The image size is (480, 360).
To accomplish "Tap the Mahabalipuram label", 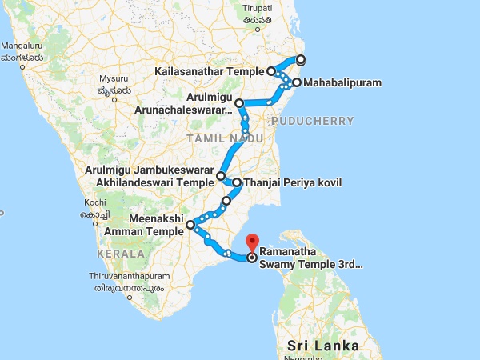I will coord(337,82).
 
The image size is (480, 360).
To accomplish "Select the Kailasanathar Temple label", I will coord(210,71).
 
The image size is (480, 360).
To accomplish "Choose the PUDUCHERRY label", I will coord(312,121).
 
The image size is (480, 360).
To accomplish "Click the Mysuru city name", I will coord(114,78).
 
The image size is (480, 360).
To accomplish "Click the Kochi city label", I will coord(94,203).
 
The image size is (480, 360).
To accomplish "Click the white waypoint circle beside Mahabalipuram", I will coord(296,82).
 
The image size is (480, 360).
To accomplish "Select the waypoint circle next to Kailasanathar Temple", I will coord(272,71).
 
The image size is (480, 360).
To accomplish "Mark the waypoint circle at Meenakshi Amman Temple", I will coord(190,226).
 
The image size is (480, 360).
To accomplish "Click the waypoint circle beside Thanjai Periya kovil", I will coord(236,183).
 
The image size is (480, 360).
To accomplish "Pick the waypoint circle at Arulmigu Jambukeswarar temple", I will coord(221,176).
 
